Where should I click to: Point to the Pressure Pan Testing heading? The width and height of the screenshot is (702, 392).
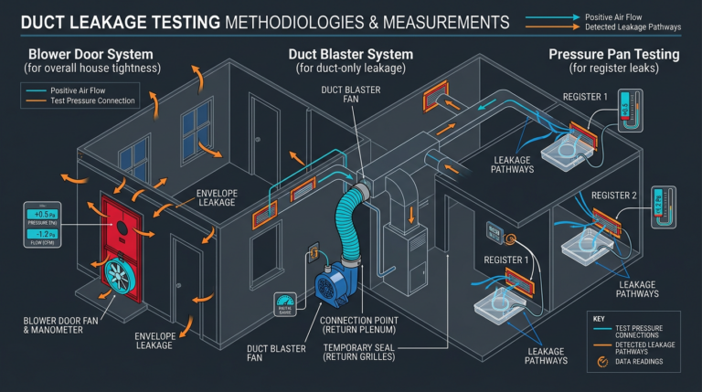click(x=614, y=54)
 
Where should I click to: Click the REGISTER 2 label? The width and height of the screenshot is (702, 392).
click(x=613, y=196)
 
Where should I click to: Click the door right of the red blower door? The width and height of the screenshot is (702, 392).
click(x=186, y=270)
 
